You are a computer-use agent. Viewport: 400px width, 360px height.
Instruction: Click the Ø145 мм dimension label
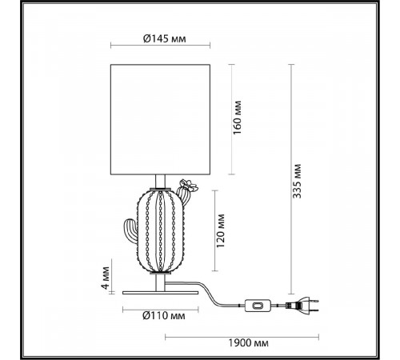164,39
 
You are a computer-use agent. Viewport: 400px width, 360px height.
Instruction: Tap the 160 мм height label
237,118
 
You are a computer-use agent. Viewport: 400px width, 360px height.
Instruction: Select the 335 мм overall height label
297,182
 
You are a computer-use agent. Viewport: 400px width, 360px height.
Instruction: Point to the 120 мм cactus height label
221,230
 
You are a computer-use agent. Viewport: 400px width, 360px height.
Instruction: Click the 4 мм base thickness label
106,278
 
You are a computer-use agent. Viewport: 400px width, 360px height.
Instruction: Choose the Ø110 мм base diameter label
164,316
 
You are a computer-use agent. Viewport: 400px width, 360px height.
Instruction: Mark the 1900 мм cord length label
248,342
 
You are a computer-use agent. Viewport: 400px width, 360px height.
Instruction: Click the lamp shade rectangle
160,119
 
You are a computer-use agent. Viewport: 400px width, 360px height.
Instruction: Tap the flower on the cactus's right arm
189,186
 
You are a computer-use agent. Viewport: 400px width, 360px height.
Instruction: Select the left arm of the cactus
130,230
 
